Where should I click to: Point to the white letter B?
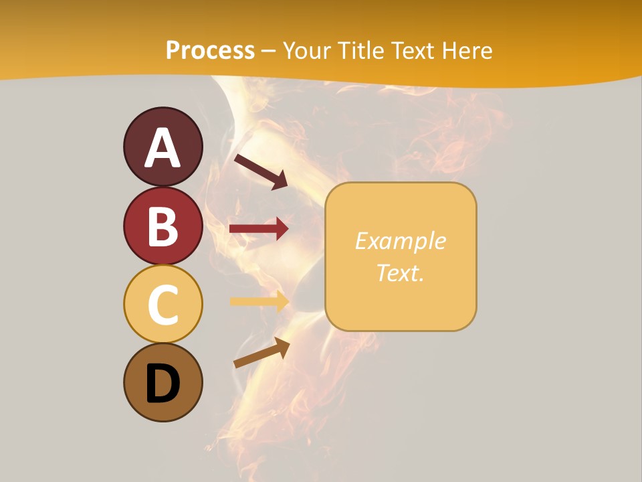[x=163, y=226]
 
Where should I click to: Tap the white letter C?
[x=163, y=305]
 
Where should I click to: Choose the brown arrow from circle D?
[x=261, y=353]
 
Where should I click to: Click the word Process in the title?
[x=210, y=51]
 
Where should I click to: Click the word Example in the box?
[x=400, y=241]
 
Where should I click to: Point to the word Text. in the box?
[x=400, y=272]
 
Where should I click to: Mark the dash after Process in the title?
[x=268, y=51]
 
